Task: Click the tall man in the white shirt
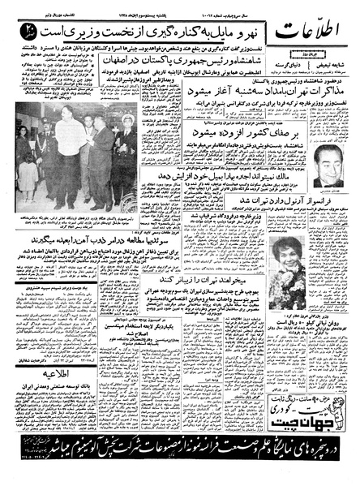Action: (x=69, y=154)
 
